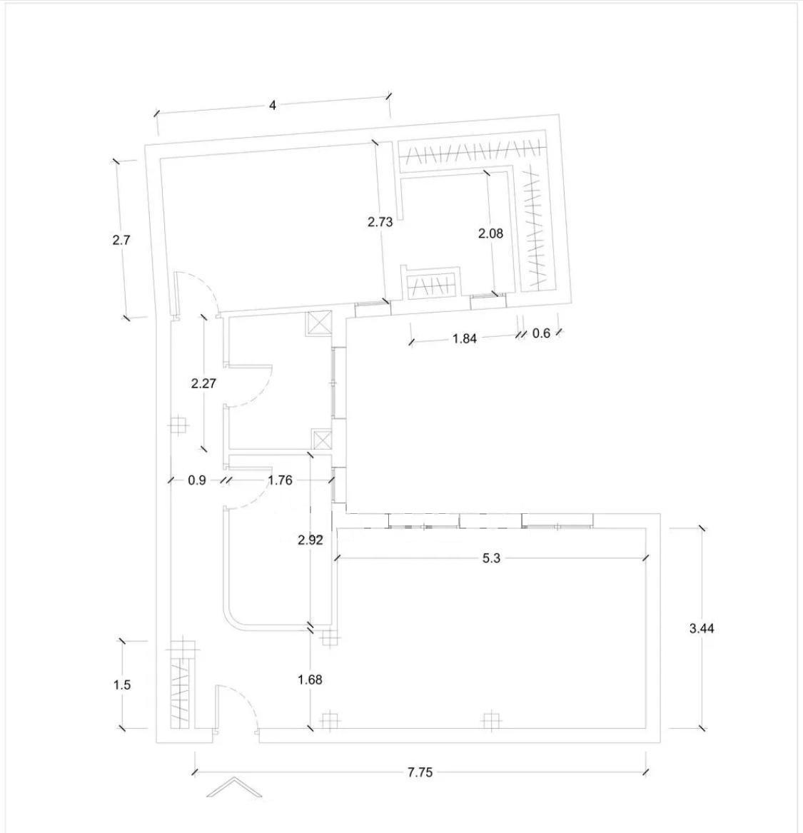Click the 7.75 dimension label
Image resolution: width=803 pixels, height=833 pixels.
pyautogui.click(x=420, y=772)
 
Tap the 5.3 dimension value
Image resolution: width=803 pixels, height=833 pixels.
pyautogui.click(x=491, y=557)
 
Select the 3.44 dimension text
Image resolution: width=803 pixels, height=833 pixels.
pyautogui.click(x=702, y=628)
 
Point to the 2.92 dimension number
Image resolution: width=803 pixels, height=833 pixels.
pyautogui.click(x=310, y=540)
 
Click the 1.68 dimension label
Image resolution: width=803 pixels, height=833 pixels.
pyautogui.click(x=310, y=680)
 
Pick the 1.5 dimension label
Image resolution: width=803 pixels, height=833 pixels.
pyautogui.click(x=121, y=685)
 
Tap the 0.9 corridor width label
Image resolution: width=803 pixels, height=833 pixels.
pyautogui.click(x=196, y=480)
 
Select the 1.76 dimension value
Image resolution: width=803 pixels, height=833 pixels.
pyautogui.click(x=280, y=480)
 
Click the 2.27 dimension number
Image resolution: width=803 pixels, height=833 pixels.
pyautogui.click(x=203, y=383)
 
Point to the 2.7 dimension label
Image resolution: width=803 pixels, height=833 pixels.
pyautogui.click(x=121, y=240)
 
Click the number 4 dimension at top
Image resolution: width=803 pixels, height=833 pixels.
pyautogui.click(x=273, y=105)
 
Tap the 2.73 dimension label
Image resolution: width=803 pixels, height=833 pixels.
pyautogui.click(x=380, y=221)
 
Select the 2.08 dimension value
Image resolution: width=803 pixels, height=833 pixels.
pyautogui.click(x=490, y=233)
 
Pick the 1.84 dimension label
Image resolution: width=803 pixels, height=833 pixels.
pyautogui.click(x=465, y=338)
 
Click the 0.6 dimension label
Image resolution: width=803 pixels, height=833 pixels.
pyautogui.click(x=541, y=333)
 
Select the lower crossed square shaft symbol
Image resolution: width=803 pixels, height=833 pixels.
pyautogui.click(x=320, y=440)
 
